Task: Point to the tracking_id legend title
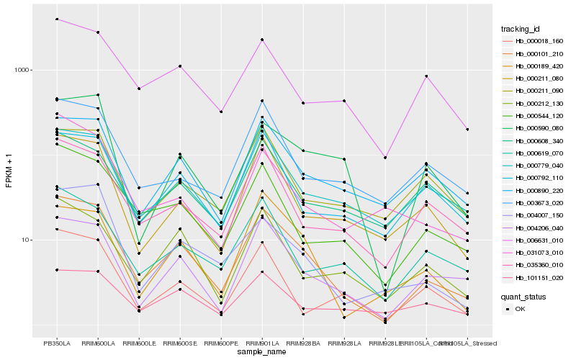click(521, 29)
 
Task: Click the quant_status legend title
click(523, 296)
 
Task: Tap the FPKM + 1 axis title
click(9, 170)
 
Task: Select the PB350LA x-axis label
click(57, 343)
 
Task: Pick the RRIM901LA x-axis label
click(262, 343)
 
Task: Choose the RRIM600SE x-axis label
click(180, 343)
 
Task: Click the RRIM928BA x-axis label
click(303, 343)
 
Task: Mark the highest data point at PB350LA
click(57, 19)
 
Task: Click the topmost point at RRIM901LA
click(262, 40)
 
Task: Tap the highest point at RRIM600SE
click(180, 66)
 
